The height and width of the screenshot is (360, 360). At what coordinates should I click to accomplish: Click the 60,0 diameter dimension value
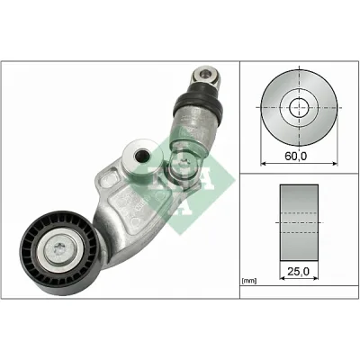[296, 156]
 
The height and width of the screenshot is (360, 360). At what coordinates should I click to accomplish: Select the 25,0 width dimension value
[298, 272]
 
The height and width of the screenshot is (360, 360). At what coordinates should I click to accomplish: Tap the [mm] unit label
[248, 281]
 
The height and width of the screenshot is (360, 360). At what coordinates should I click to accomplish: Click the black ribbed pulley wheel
[59, 253]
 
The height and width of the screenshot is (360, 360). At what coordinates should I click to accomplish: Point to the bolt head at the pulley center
[59, 248]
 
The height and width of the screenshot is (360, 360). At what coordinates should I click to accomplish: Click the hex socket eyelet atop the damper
[206, 76]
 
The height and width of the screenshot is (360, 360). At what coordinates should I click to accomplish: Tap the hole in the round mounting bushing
[142, 155]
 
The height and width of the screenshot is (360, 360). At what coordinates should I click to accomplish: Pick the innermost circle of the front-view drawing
[299, 107]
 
